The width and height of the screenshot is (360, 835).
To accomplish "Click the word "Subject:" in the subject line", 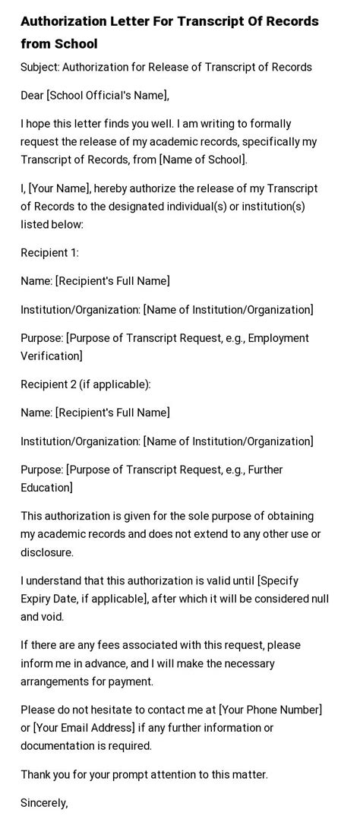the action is [x=39, y=67].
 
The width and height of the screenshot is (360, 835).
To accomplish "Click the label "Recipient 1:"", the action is [x=49, y=253].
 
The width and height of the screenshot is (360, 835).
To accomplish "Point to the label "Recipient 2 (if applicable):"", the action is [x=86, y=384].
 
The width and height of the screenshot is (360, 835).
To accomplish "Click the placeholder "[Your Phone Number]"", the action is [x=270, y=710].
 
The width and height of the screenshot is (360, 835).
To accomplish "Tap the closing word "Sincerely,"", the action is [x=44, y=802].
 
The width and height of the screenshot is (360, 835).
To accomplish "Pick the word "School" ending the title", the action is [x=75, y=44].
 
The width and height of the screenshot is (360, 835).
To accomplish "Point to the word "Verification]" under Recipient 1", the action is [x=52, y=356].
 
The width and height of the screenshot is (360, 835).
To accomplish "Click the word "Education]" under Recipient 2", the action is [x=47, y=488].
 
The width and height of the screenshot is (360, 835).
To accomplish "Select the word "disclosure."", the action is [x=47, y=552].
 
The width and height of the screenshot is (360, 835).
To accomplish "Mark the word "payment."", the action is [x=131, y=682].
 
